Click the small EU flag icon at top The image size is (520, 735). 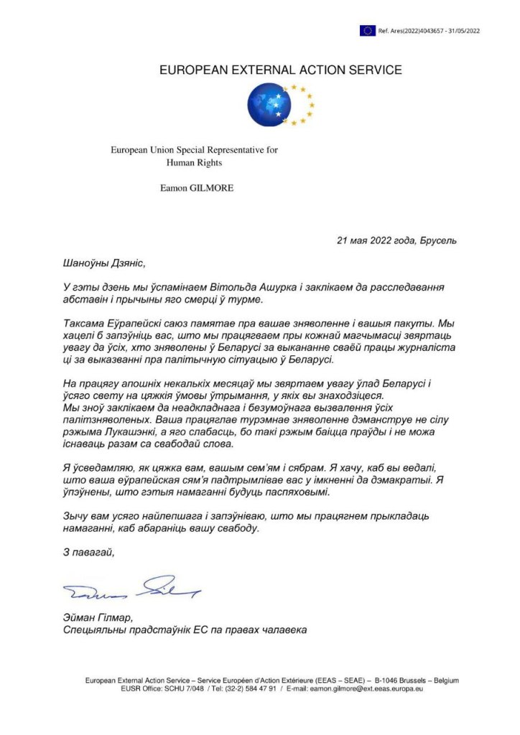coord(368,30)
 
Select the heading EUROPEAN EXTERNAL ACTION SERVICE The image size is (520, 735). coord(280,70)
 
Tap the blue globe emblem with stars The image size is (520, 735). coord(271,105)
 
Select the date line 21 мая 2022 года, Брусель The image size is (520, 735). coord(396,240)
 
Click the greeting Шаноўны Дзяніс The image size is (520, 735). coord(103,263)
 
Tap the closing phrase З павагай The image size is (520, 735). coord(89,552)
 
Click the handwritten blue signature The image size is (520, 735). coord(132,589)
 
